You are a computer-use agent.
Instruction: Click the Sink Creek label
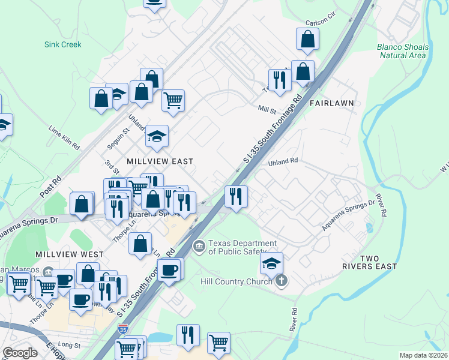[x=62, y=44]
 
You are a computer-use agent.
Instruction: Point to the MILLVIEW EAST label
[x=160, y=161]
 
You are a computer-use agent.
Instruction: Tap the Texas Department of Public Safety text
[x=243, y=248]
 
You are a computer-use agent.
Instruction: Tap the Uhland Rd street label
[x=283, y=161]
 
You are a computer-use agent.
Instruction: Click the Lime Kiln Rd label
[x=64, y=137]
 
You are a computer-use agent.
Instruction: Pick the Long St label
[x=70, y=345]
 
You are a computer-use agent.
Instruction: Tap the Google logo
[x=20, y=353]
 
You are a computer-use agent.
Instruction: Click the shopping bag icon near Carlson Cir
[x=307, y=40]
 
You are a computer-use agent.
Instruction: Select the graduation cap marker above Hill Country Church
[x=271, y=263]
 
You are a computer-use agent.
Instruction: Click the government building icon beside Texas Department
[x=199, y=245]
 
